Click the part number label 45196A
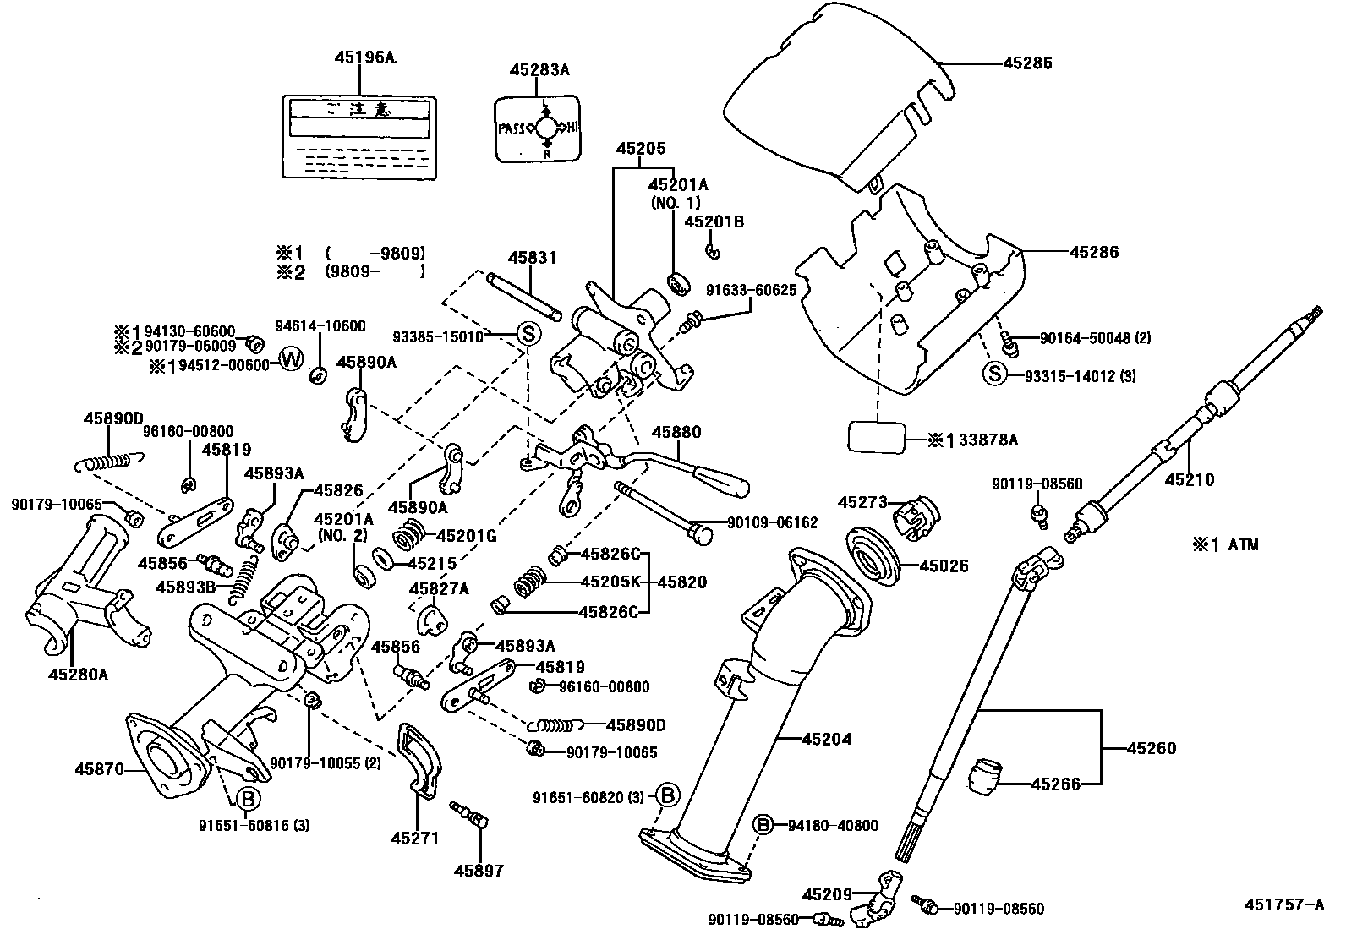click(x=364, y=57)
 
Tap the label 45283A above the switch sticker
click(x=539, y=70)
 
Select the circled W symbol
click(x=290, y=359)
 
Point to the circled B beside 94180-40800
click(x=763, y=825)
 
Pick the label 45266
click(x=1055, y=784)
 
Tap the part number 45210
click(x=1190, y=479)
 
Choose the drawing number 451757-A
click(x=1283, y=904)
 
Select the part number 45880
click(x=676, y=432)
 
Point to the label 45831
click(x=532, y=259)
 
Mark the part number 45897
click(x=479, y=870)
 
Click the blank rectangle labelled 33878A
click(x=877, y=440)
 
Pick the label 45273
click(x=862, y=502)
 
